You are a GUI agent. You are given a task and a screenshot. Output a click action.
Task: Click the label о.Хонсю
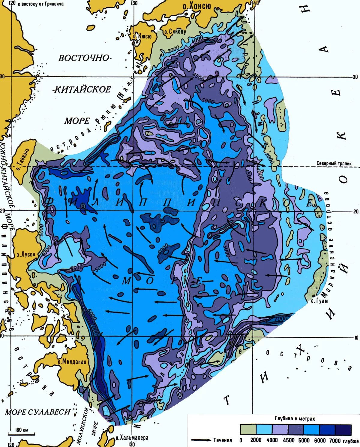(197, 6)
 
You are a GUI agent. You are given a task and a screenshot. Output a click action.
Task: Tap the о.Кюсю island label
(142, 36)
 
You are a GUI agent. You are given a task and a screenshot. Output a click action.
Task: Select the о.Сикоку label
(175, 31)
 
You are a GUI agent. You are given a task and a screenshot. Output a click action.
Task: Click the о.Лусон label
(26, 254)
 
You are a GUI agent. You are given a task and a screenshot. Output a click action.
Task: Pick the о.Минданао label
(72, 362)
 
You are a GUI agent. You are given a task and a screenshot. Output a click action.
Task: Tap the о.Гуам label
(319, 301)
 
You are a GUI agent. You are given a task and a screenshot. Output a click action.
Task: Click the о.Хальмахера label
(132, 438)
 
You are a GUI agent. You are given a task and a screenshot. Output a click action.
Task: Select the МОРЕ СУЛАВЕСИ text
(37, 412)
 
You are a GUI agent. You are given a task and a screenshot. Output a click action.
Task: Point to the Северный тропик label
(334, 163)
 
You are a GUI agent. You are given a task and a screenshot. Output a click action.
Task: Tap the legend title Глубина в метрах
(295, 418)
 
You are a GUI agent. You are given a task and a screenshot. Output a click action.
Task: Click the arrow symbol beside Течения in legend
(201, 440)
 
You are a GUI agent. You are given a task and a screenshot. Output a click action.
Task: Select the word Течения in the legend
(223, 440)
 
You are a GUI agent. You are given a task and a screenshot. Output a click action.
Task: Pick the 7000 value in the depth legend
(335, 440)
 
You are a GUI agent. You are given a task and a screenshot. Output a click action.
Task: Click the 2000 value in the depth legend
(256, 440)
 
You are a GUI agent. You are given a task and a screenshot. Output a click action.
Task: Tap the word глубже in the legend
(351, 441)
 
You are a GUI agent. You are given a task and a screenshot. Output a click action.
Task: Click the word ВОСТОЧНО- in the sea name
(85, 58)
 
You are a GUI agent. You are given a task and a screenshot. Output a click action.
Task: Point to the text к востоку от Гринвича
(40, 4)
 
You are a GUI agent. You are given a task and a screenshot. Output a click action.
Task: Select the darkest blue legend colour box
(343, 430)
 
